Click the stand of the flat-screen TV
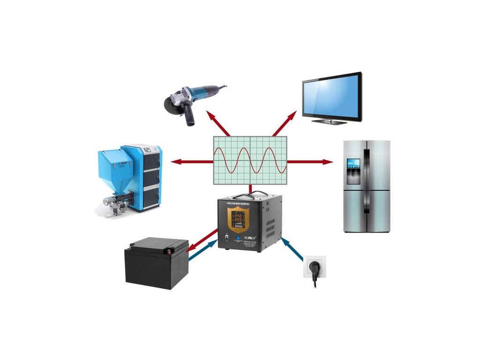coord(330,121)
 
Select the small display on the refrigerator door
coord(353,164)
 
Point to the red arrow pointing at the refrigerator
coord(309,162)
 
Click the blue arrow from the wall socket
coord(292,249)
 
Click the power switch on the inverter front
coord(225,239)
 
